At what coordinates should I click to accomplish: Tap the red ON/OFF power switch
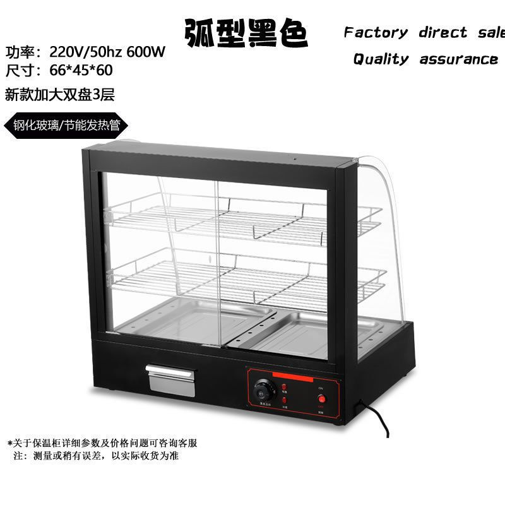click(x=323, y=398)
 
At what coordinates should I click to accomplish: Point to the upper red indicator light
click(x=285, y=386)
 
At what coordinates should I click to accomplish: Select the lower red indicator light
click(x=285, y=400)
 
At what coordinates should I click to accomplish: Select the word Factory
click(x=376, y=32)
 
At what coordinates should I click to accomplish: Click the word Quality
click(x=381, y=59)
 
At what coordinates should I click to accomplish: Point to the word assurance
click(x=459, y=59)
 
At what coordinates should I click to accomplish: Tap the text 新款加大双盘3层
click(x=59, y=95)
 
